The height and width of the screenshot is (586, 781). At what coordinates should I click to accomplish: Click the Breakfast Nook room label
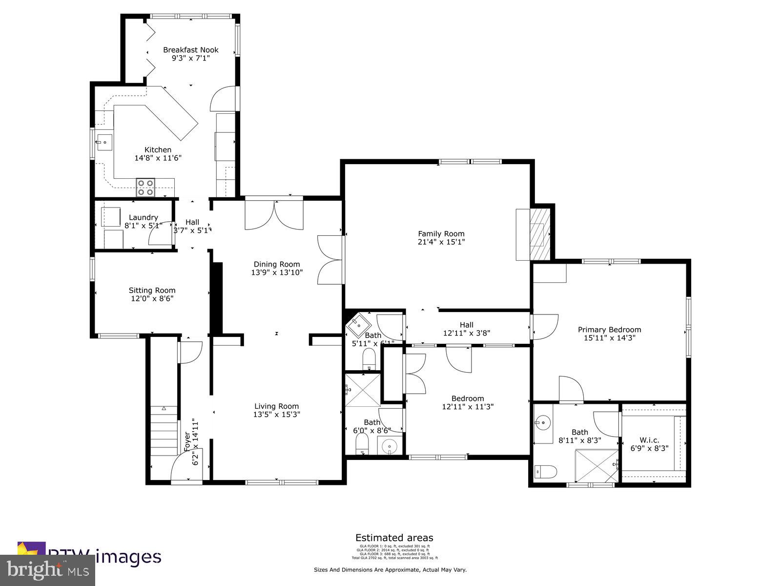coord(190,50)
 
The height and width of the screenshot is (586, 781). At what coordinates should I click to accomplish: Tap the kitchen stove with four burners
coord(145,188)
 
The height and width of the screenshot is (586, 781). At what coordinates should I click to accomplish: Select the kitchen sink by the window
coord(104,143)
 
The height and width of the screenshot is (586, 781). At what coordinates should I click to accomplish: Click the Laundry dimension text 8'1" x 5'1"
coord(143,226)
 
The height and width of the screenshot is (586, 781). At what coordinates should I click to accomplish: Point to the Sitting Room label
coord(152,290)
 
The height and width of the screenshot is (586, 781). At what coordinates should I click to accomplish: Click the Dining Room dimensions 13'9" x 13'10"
coord(277,272)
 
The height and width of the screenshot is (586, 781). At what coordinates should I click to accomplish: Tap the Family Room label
coord(441,233)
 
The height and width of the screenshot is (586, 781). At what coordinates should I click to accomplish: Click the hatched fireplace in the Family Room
coord(540,234)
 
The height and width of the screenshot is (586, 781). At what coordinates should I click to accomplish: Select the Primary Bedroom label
coord(609,329)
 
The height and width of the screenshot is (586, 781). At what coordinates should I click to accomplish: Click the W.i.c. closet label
coord(649,440)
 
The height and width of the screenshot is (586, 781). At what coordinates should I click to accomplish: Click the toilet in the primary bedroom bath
coord(546,472)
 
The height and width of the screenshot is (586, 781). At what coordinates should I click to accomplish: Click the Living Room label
coord(276,406)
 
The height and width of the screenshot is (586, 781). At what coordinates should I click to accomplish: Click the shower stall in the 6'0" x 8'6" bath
coord(363,390)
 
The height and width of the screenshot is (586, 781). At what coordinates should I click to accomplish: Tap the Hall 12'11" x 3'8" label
coord(466,329)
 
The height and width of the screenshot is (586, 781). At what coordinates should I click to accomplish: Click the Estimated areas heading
coord(394,538)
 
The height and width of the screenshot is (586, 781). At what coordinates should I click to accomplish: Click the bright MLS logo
coord(47,569)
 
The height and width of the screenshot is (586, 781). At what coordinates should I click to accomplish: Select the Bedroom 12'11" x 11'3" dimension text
coord(468,406)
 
